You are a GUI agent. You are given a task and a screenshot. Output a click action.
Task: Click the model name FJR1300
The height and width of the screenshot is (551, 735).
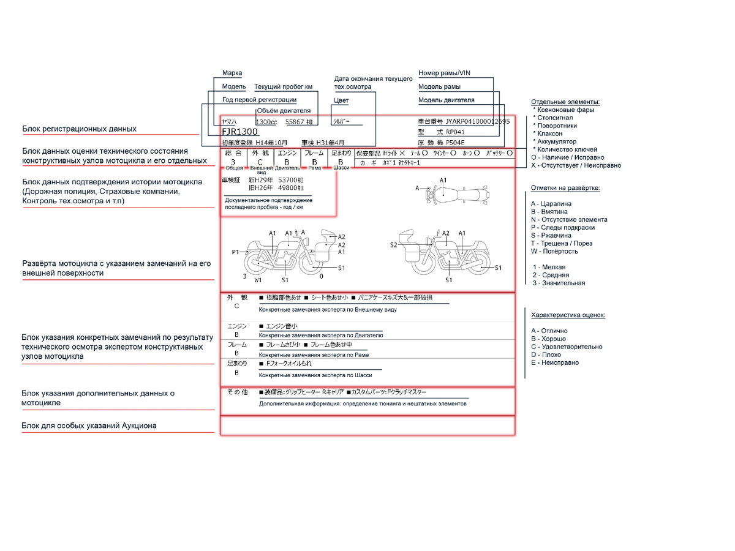(x=240, y=132)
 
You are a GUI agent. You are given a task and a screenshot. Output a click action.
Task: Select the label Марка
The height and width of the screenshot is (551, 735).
(x=232, y=73)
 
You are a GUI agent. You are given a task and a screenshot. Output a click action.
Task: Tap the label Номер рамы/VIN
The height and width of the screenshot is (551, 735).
(x=445, y=73)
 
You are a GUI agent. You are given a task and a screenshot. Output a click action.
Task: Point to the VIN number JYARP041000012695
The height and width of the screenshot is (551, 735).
(x=477, y=121)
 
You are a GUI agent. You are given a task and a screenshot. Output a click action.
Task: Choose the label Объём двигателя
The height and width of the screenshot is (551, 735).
(x=284, y=110)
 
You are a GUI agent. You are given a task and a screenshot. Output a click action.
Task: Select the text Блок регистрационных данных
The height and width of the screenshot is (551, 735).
(x=80, y=129)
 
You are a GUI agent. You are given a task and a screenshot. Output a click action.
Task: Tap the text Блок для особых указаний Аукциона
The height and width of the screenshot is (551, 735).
(x=89, y=425)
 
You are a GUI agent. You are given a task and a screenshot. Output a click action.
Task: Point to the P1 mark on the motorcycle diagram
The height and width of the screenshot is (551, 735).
(x=235, y=252)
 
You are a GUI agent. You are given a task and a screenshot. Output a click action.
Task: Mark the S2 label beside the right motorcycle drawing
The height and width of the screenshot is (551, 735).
(x=394, y=244)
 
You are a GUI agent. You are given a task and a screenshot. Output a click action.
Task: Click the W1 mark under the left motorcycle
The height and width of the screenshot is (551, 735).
(x=258, y=280)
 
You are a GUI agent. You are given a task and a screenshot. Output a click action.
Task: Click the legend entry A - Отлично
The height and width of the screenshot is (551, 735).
(x=549, y=331)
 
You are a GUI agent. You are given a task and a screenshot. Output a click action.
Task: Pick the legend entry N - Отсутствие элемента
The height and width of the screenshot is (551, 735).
(x=569, y=219)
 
